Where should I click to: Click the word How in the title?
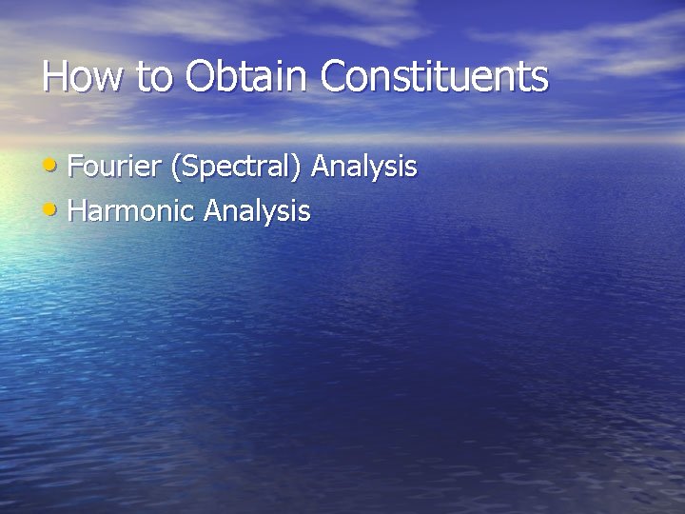click(82, 77)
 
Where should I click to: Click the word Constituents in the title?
click(435, 77)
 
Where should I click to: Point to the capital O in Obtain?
click(202, 77)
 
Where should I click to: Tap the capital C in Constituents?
click(336, 77)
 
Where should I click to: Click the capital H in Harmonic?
click(79, 210)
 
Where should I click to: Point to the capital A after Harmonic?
click(212, 210)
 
